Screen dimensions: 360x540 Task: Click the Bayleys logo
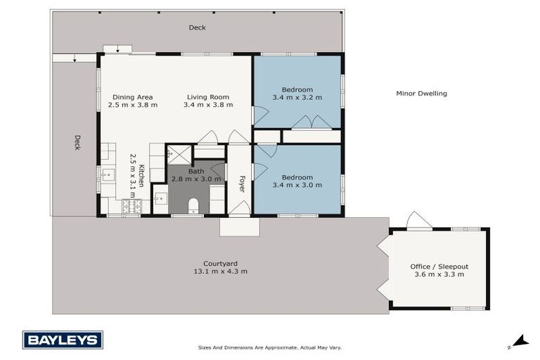(63, 340)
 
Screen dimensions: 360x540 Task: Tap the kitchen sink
(108, 175)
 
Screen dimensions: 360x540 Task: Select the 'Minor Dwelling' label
(421, 94)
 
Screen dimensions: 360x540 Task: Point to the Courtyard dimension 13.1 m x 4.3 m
(220, 271)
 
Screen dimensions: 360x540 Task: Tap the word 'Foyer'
(242, 184)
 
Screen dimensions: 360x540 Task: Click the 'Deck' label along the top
(197, 27)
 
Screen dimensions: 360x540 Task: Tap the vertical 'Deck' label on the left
(77, 143)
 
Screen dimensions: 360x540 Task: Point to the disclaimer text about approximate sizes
(269, 347)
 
